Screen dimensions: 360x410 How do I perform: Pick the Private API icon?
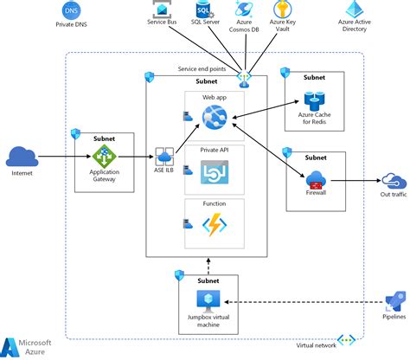(x=214, y=175)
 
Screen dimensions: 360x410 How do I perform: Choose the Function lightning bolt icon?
(x=214, y=225)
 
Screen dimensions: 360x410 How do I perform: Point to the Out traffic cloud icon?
(x=395, y=181)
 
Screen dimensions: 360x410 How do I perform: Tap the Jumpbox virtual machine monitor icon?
(x=207, y=299)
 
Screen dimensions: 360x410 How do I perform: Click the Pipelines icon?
(x=394, y=303)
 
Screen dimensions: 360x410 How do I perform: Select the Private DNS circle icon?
(x=71, y=10)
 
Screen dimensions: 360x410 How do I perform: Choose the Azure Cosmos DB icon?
(x=244, y=10)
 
